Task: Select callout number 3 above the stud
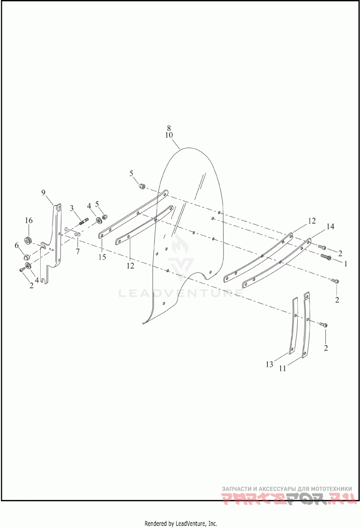click(x=72, y=208)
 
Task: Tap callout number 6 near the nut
click(x=17, y=245)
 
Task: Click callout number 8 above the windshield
click(x=169, y=128)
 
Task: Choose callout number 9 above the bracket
click(x=43, y=192)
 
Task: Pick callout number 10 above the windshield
click(x=169, y=135)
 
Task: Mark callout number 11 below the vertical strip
click(x=282, y=369)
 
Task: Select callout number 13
click(x=270, y=364)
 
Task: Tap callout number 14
click(x=330, y=226)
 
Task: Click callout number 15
click(x=102, y=257)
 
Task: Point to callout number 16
click(x=29, y=221)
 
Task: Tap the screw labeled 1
click(x=326, y=257)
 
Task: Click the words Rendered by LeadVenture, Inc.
click(x=181, y=523)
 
